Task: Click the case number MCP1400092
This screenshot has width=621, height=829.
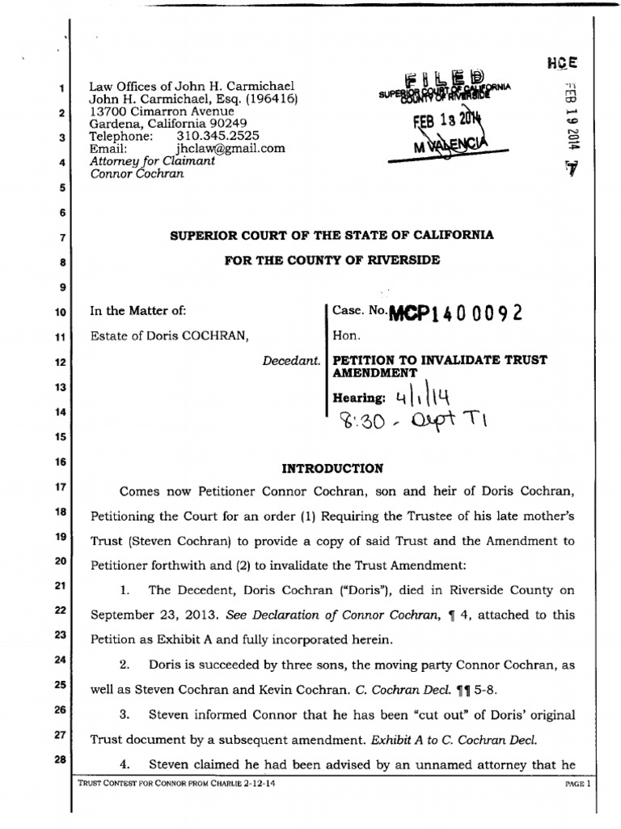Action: click(x=456, y=312)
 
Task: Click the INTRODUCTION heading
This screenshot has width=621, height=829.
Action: click(x=320, y=468)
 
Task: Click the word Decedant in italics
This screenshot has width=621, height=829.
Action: click(x=291, y=359)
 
